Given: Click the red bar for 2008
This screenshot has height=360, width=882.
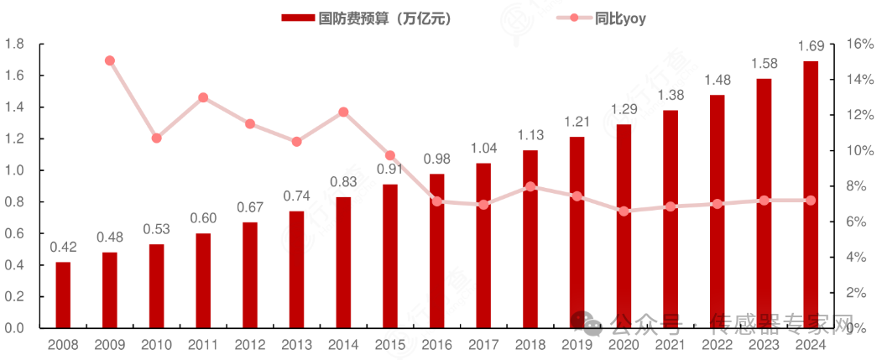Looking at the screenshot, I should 63,295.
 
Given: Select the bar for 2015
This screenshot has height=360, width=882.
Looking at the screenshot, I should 390,256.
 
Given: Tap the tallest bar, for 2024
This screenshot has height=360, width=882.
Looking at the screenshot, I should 811,194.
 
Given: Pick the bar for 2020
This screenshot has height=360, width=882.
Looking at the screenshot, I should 624,226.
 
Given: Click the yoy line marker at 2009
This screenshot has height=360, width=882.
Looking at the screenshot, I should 110,60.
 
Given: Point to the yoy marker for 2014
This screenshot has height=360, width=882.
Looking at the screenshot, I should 343,112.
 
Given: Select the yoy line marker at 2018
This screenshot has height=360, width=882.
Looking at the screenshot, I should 530,186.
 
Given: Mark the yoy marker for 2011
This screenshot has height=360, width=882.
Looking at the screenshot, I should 203,97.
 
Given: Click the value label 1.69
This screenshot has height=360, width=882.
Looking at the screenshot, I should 811,45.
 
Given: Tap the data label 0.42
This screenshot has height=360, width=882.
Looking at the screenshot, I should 63,247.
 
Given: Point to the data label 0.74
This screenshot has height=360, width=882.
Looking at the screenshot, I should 297,196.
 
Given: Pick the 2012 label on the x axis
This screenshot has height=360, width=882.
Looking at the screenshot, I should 250,344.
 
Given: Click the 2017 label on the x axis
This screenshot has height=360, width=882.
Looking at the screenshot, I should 483,344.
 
